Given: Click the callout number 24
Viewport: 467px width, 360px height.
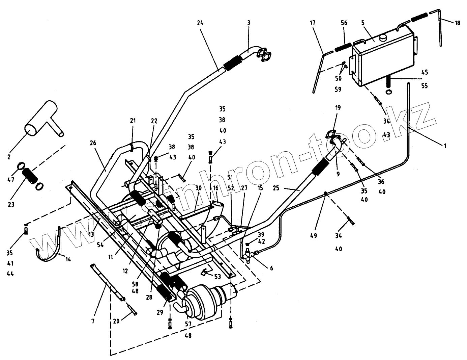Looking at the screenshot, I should coord(200,23).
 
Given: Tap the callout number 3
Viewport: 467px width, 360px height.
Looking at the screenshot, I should coord(249,23).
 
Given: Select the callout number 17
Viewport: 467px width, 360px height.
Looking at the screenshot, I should coord(313,23).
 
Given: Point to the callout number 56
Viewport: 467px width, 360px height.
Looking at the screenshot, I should coord(344,23).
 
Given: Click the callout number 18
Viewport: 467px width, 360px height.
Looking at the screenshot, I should coord(457,23).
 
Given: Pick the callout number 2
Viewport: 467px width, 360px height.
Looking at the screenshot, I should coord(9,157).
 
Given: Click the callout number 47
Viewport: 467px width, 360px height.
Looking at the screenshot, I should coord(10,180).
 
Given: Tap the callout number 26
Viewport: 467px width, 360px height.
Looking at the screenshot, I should coord(93,143).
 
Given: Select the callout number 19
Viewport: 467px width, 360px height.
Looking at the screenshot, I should coord(338,108).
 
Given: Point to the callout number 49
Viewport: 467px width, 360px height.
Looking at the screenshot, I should coord(314,236).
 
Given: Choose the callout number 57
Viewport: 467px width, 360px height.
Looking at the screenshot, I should coord(188,324).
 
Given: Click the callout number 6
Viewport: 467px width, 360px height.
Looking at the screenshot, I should coord(271,268).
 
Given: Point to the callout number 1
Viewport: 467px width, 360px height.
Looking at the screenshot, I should coord(445,146).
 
